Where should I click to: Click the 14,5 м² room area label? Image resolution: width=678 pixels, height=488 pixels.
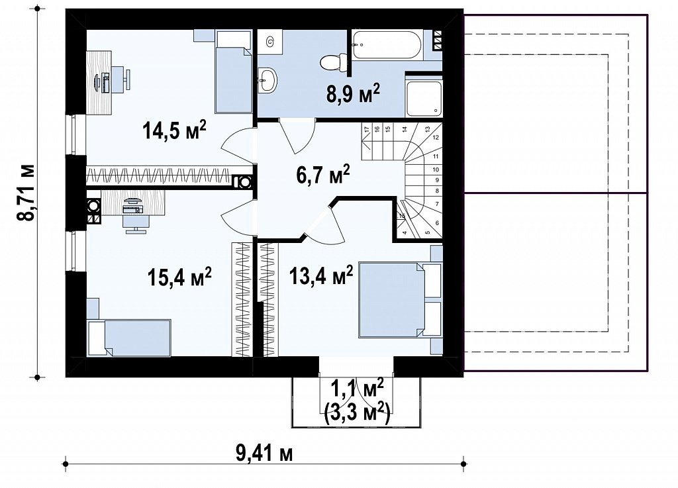click(x=175, y=130)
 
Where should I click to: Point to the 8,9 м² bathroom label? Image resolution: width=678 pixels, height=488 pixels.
click(x=352, y=93)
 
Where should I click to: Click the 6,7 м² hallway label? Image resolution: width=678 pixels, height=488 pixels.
click(x=323, y=175)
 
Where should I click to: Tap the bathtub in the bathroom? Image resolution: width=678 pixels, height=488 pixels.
click(x=387, y=46)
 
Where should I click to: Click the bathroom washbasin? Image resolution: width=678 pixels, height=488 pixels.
click(x=267, y=80)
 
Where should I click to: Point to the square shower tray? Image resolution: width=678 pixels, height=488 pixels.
click(x=424, y=98)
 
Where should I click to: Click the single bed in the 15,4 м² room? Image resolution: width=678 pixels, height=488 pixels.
click(x=129, y=338)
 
